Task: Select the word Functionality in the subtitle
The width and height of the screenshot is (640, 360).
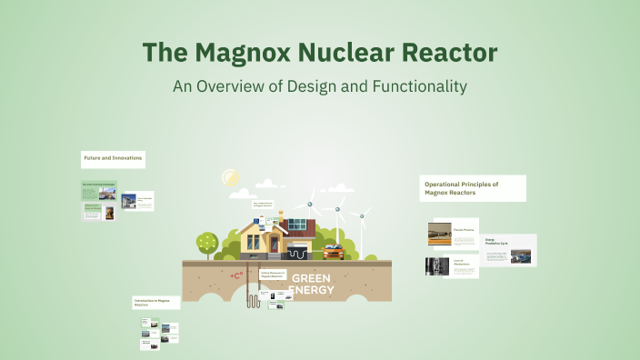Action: point(415,86)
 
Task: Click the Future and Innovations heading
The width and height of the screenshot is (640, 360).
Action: point(114,158)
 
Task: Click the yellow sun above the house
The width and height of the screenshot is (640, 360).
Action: point(229,179)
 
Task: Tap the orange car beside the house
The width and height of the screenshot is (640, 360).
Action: point(333,250)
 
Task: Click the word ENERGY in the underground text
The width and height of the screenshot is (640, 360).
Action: point(311,291)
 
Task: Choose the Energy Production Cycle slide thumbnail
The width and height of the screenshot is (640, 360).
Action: point(510,250)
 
